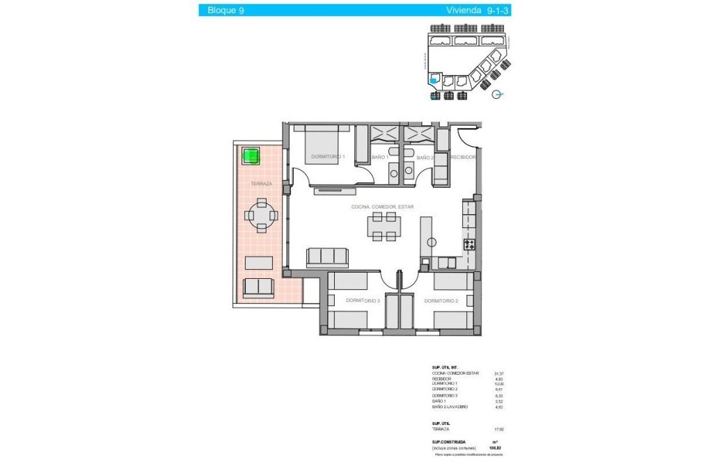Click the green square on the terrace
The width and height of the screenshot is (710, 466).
click(x=251, y=156)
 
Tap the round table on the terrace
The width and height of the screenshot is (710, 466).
click(x=261, y=216)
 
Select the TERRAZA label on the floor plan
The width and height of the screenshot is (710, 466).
click(x=261, y=184)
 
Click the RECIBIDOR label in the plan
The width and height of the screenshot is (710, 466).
click(x=463, y=158)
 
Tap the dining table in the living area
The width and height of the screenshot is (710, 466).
click(x=384, y=227)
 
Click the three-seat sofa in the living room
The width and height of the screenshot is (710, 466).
click(x=327, y=257)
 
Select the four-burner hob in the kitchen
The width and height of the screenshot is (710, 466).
click(x=470, y=244)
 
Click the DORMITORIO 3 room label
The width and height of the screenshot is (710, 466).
click(x=363, y=300)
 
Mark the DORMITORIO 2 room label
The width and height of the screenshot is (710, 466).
click(x=441, y=300)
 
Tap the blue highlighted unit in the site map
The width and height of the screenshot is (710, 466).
click(x=434, y=80)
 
